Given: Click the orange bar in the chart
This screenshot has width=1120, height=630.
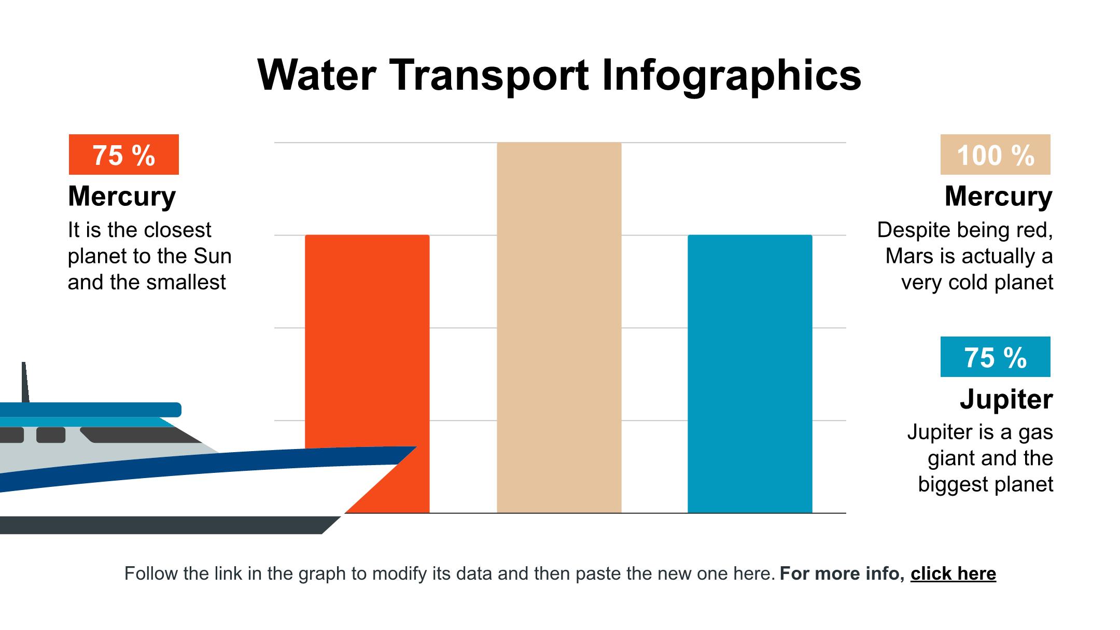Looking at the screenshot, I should click(367, 337).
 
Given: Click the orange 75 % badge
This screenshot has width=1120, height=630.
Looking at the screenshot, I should click(124, 155).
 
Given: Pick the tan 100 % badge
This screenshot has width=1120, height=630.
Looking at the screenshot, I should click(995, 155).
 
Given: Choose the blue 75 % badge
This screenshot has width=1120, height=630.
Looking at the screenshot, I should click(995, 357).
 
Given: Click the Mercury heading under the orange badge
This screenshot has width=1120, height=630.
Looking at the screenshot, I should click(122, 197).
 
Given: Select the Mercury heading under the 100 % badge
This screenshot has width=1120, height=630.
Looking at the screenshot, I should click(998, 197).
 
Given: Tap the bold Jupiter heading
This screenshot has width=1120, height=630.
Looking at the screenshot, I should click(1006, 399).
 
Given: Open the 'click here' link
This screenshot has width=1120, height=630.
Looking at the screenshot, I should click(953, 573).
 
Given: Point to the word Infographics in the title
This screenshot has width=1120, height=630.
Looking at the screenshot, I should click(732, 75).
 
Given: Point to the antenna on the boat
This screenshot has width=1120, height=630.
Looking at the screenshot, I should click(24, 381).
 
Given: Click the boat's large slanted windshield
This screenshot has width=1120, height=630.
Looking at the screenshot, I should click(140, 436).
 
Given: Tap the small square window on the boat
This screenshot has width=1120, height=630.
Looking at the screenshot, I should click(51, 435).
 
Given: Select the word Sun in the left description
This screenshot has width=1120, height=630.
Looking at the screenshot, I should click(213, 256).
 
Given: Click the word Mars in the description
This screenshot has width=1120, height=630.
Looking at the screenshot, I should click(907, 256).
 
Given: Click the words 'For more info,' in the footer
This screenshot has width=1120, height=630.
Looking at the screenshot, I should click(842, 573).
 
